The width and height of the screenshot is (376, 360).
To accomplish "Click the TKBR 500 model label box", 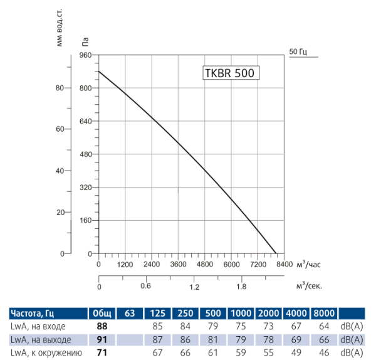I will [x=230, y=73].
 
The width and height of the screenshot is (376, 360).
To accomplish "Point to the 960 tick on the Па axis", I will [x=86, y=55].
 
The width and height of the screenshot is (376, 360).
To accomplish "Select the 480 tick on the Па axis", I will [x=86, y=154].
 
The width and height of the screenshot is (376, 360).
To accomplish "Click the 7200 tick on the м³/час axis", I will [x=258, y=265].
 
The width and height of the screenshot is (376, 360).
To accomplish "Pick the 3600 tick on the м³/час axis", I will [x=179, y=265].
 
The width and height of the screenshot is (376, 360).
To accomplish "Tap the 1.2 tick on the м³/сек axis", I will [x=194, y=287].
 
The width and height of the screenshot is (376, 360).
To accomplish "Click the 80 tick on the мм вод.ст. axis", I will [x=60, y=88].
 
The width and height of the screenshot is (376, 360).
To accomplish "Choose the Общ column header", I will [x=100, y=313].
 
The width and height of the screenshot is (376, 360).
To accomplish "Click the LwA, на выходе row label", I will [x=41, y=340].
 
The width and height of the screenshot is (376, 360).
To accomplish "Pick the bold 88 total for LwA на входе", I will [x=100, y=326].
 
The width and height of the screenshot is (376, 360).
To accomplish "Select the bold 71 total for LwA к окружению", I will [x=100, y=353].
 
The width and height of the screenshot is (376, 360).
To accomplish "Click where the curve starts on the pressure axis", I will [x=99, y=71].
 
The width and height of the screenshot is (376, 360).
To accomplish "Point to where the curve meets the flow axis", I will [x=276, y=253].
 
